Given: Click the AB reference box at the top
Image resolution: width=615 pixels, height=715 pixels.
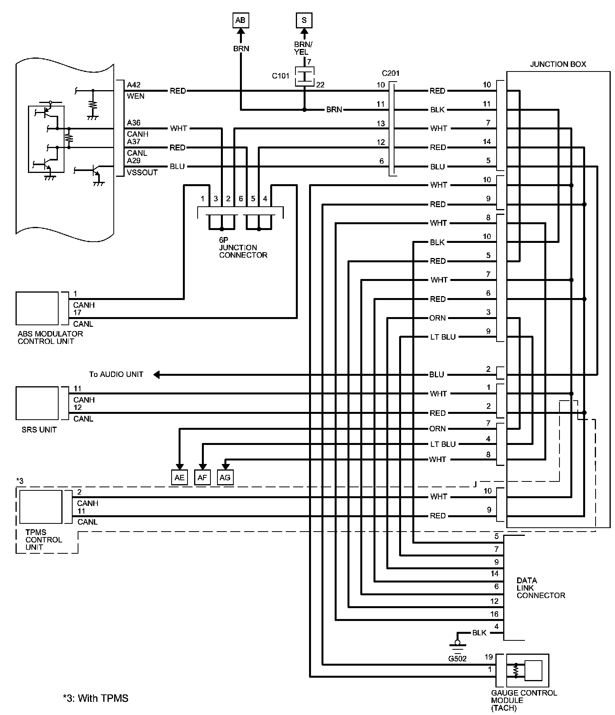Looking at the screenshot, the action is click(x=240, y=20).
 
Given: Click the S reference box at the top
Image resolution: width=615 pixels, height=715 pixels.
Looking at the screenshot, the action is click(x=304, y=20).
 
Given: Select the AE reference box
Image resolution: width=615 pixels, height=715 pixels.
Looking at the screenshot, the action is click(x=179, y=478).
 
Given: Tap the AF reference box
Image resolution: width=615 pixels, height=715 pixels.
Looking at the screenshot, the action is click(x=202, y=478).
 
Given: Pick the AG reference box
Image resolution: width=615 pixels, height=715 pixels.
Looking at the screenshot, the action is click(x=225, y=478).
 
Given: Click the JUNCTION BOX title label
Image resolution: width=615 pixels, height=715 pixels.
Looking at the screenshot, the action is click(x=558, y=64).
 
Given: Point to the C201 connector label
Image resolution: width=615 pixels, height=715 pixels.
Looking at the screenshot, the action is click(x=391, y=73).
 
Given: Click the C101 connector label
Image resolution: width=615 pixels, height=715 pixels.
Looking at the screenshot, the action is click(x=281, y=76).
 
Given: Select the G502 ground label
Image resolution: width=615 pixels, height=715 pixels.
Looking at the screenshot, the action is click(x=457, y=658).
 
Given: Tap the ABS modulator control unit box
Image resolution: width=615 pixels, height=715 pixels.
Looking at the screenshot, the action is click(x=37, y=308).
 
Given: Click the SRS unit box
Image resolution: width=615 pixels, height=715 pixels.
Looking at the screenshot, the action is click(x=37, y=403).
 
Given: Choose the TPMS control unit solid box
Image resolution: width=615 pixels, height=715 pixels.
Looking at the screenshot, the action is click(x=41, y=507).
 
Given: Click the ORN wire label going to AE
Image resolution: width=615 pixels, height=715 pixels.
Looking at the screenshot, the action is click(x=438, y=429).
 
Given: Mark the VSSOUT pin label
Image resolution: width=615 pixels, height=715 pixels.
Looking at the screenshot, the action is click(x=142, y=173).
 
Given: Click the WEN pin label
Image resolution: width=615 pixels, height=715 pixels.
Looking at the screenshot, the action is click(x=136, y=96).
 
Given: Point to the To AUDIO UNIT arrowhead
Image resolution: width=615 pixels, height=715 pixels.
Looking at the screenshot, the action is click(x=156, y=375).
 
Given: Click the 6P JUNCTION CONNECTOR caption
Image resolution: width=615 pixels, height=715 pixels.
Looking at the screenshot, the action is click(x=243, y=248).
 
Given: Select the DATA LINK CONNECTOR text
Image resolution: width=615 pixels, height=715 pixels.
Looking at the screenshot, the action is click(x=541, y=588).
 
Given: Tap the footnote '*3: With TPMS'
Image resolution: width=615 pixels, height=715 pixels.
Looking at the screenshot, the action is click(x=96, y=698).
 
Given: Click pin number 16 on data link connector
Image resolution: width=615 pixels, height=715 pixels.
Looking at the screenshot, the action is click(x=494, y=614).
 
